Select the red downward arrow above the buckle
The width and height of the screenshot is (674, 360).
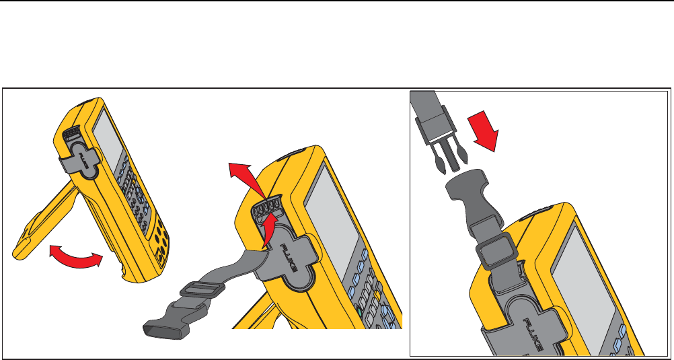pyautogui.click(x=484, y=131)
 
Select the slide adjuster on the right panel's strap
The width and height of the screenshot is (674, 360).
pyautogui.click(x=495, y=251)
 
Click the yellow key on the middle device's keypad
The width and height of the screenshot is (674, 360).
pyautogui.click(x=377, y=295)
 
